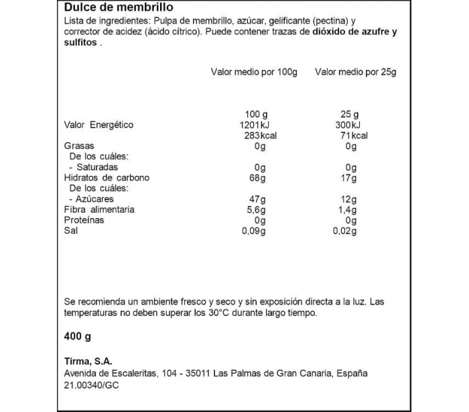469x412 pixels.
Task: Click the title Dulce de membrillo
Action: point(119,7)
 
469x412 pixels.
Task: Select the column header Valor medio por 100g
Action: point(254,71)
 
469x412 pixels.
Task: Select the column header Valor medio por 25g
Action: point(356,71)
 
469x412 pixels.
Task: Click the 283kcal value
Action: point(252,136)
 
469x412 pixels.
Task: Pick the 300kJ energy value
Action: point(348,125)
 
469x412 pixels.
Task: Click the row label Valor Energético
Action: point(98,125)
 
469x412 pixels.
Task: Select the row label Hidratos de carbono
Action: point(107,178)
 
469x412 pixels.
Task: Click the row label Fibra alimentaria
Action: point(99,209)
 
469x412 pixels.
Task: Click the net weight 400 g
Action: point(77,336)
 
